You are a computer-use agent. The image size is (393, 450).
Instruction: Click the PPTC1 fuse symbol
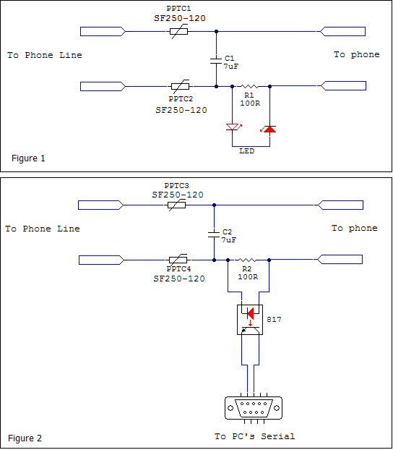179,32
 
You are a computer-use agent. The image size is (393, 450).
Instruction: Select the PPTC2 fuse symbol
180,86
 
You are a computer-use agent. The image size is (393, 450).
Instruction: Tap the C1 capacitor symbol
216,61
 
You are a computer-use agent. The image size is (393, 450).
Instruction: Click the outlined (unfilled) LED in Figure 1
233,127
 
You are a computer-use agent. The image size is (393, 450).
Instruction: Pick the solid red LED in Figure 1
269,130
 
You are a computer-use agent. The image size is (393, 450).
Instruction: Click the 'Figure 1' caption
28,158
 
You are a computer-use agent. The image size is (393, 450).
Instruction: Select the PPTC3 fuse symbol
177,205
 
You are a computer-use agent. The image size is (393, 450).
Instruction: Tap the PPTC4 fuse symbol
178,260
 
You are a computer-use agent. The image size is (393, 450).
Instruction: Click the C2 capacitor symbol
214,234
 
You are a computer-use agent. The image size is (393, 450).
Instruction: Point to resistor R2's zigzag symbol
248,260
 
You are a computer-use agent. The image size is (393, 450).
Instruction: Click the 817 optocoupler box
250,320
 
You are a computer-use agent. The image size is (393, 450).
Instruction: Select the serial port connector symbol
254,408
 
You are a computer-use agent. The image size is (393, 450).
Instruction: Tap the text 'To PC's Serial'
255,436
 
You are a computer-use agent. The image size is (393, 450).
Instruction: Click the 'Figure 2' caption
25,438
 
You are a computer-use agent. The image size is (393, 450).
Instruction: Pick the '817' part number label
274,320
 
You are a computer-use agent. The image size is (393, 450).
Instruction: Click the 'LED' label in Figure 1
247,151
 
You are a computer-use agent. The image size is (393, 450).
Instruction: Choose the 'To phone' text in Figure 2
355,229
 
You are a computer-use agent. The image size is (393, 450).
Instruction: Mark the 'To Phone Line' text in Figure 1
45,55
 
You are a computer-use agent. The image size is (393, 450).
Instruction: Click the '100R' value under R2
248,277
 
